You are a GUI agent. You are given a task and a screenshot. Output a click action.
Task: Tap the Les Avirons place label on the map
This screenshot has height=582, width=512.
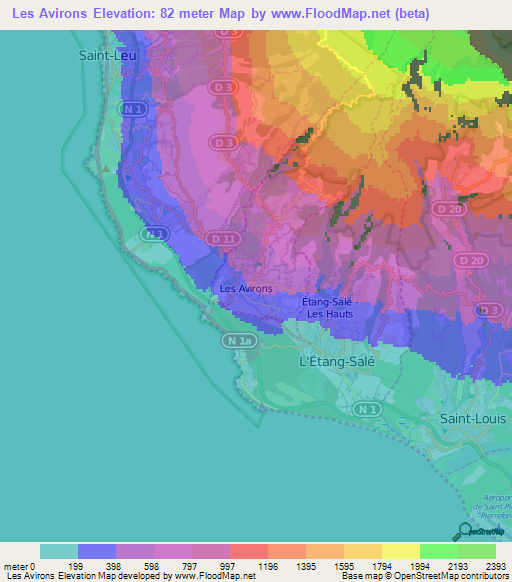click(x=245, y=289)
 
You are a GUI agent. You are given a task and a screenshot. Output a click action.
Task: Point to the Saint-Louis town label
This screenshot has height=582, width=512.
click(x=473, y=418)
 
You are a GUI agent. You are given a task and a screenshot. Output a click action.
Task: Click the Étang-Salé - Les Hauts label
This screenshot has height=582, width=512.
click(x=338, y=307)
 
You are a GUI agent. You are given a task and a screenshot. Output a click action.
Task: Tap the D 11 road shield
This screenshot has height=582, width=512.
click(x=222, y=240)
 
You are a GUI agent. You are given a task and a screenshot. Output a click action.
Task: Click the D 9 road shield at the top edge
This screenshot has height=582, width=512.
click(x=231, y=33)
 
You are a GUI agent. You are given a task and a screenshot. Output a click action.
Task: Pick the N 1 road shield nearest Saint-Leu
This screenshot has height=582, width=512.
click(x=131, y=107)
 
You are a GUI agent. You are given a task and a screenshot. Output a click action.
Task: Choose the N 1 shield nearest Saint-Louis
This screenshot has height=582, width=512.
click(x=369, y=409)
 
